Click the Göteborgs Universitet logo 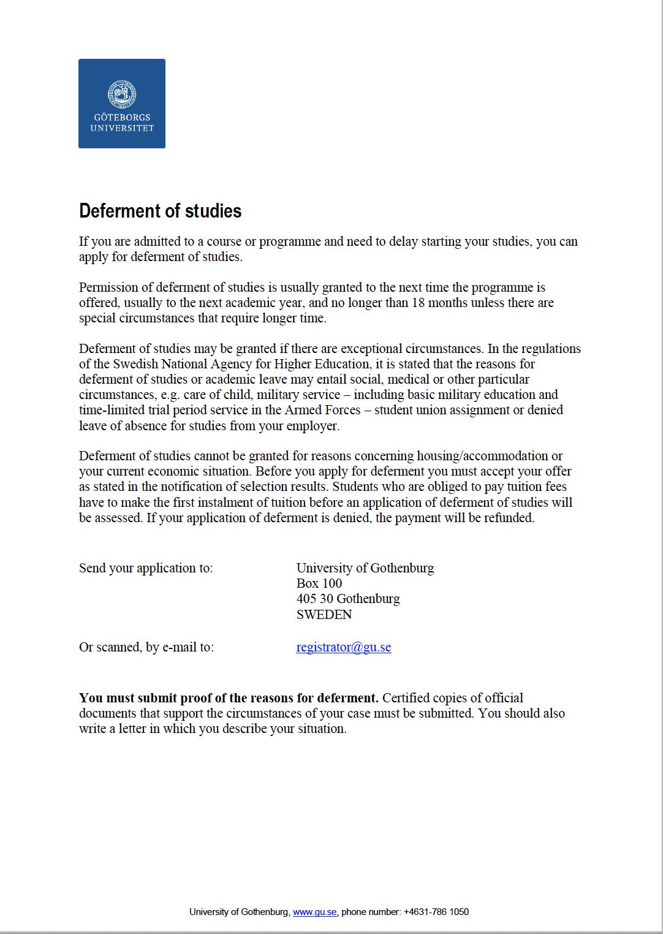pyautogui.click(x=122, y=104)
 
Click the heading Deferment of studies pyautogui.click(x=160, y=211)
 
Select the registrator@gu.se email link pyautogui.click(x=343, y=647)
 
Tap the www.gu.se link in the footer pyautogui.click(x=314, y=912)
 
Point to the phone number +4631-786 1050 pyautogui.click(x=436, y=912)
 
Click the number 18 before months pyautogui.click(x=418, y=303)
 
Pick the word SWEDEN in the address pyautogui.click(x=324, y=615)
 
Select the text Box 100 pyautogui.click(x=319, y=583)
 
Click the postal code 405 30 pyautogui.click(x=314, y=599)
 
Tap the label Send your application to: pyautogui.click(x=146, y=568)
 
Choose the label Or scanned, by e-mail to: pyautogui.click(x=146, y=647)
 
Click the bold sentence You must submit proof pyautogui.click(x=229, y=698)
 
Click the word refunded pyautogui.click(x=509, y=518)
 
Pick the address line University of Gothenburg pyautogui.click(x=365, y=568)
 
